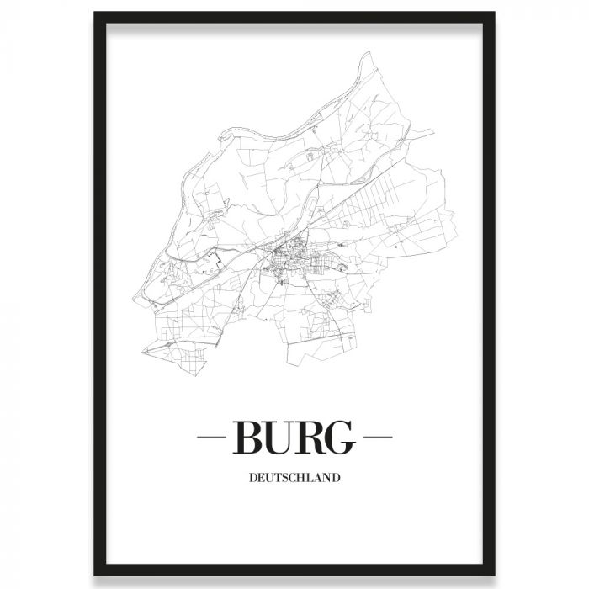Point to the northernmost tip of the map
point(367,55)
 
